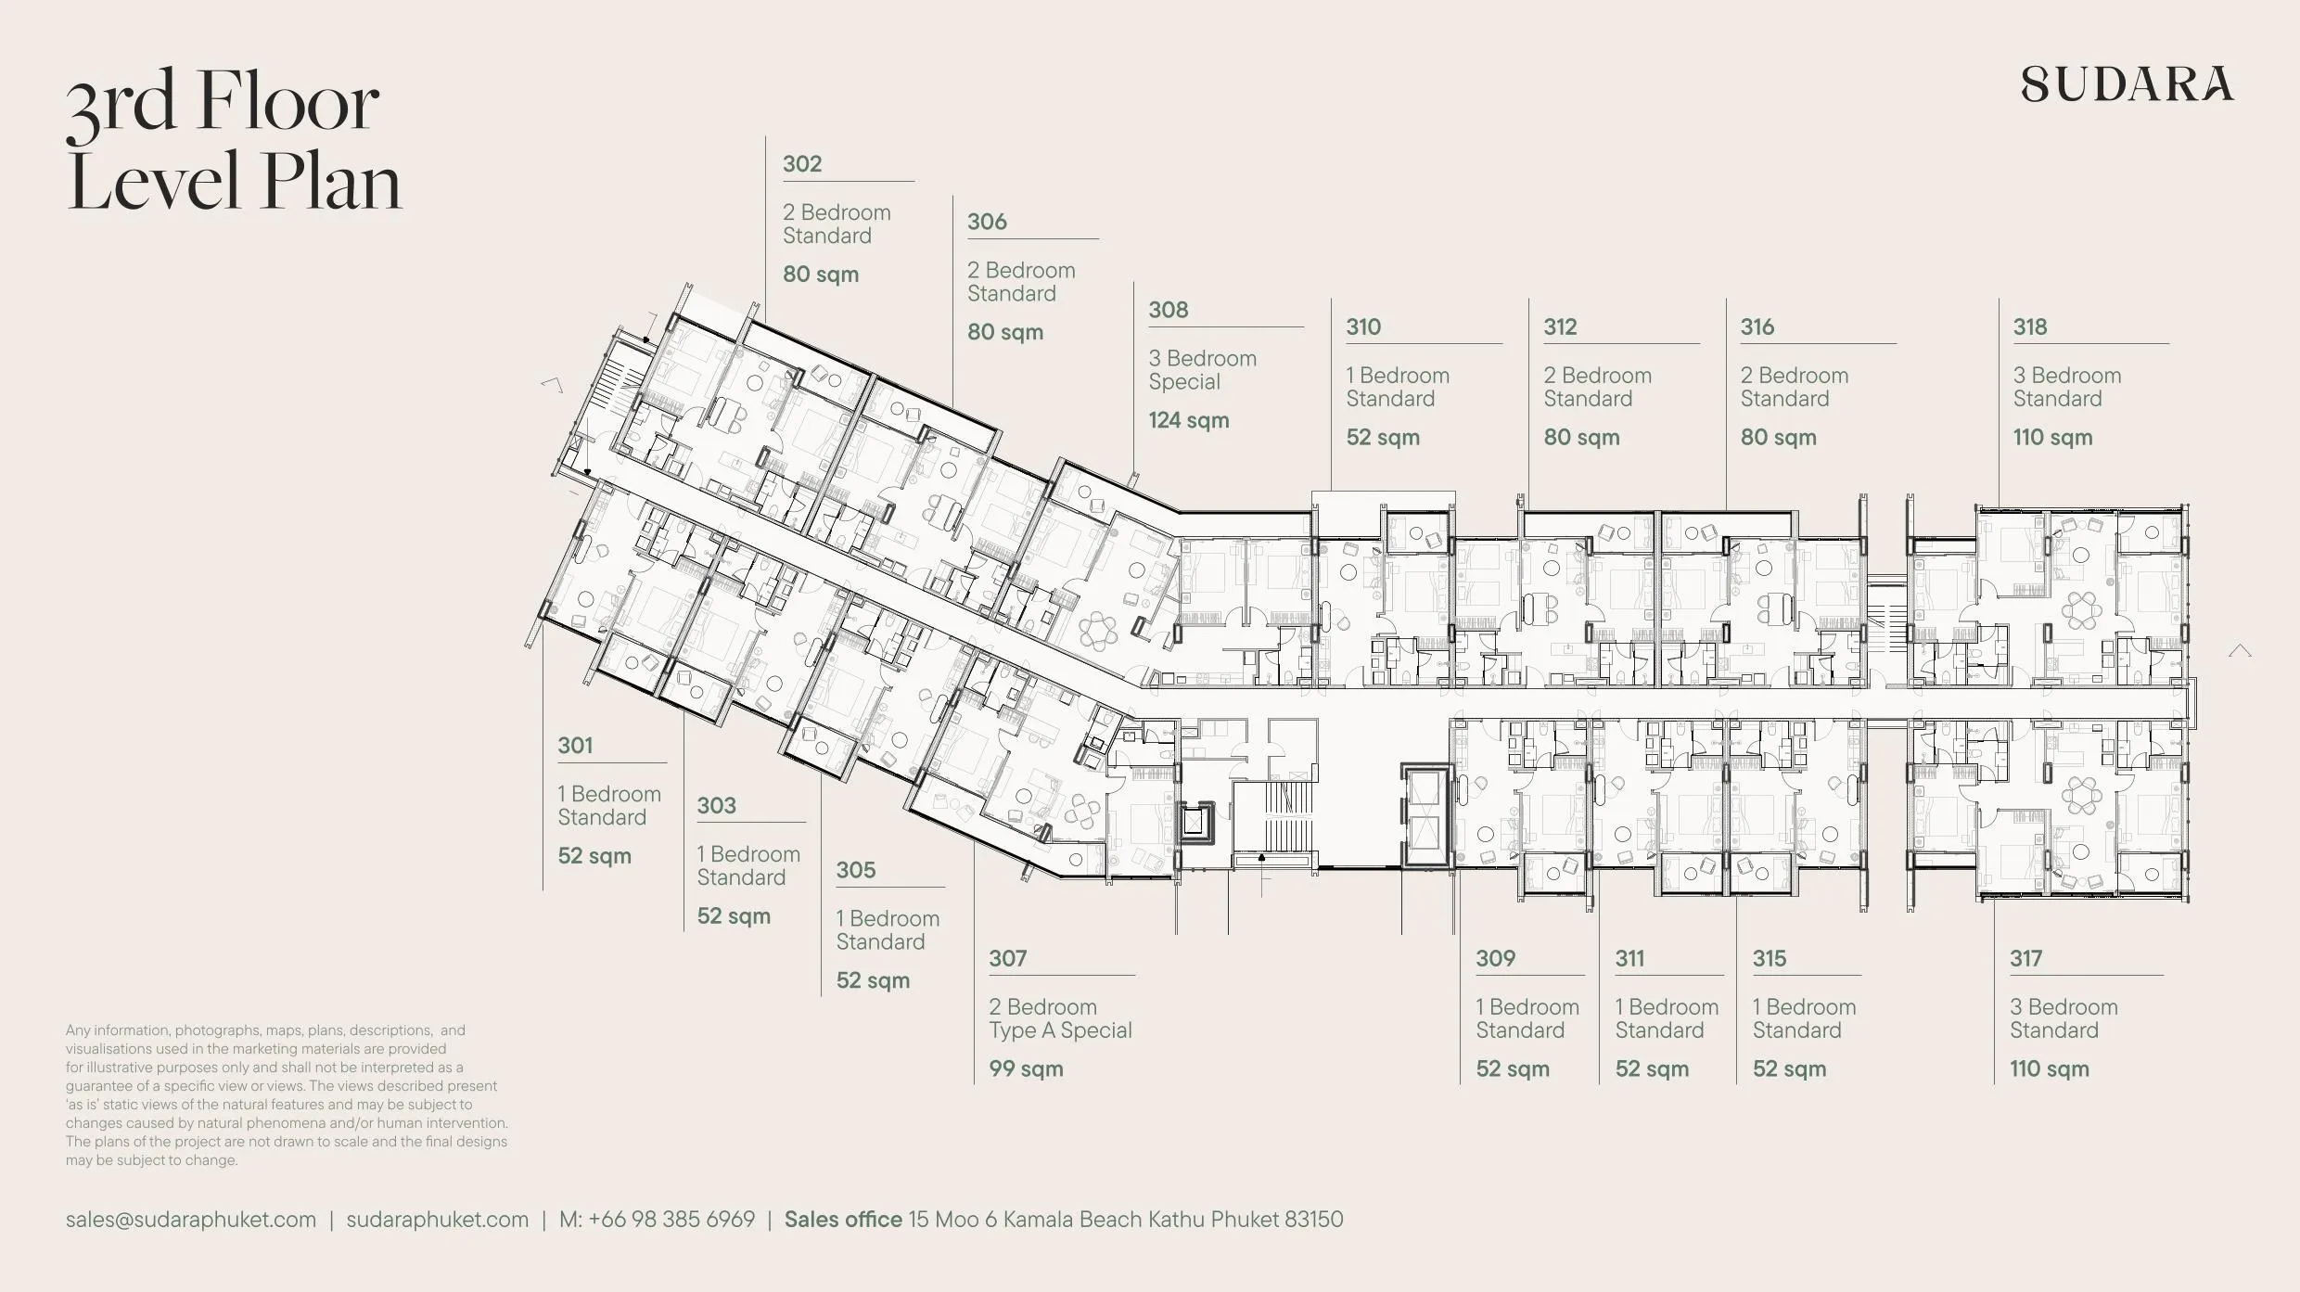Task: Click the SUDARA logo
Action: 2127,83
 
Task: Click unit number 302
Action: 802,163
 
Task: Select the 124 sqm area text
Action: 1189,420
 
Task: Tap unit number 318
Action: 2029,326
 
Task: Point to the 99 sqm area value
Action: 1026,1068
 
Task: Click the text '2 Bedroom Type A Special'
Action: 1060,1018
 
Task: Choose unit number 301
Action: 575,745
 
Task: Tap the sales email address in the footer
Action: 191,1219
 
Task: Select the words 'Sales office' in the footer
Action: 843,1219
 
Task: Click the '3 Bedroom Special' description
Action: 1203,370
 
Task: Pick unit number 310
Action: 1363,326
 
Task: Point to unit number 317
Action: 2025,958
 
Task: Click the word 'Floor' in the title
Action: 287,101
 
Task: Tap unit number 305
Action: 855,870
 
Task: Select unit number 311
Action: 1629,958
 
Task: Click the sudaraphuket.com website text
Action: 438,1219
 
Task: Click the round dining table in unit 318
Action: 2083,610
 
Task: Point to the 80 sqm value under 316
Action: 1778,437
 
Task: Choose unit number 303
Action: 716,805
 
